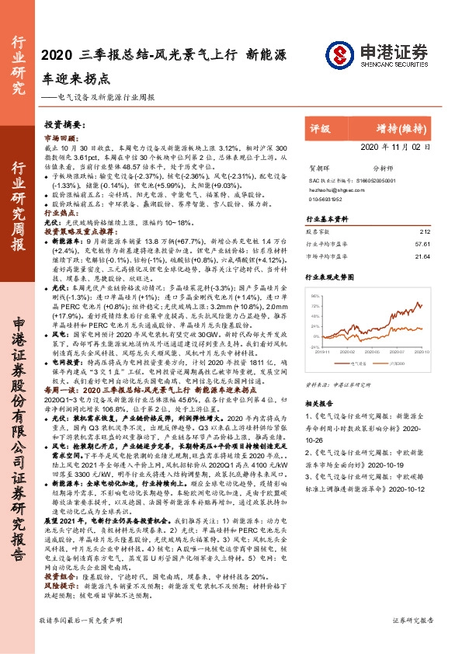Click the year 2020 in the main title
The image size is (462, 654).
pos(55,54)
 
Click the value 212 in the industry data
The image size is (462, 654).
pos(423,231)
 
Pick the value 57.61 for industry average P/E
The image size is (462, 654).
pos(422,243)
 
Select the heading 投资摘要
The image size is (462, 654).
pos(62,124)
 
